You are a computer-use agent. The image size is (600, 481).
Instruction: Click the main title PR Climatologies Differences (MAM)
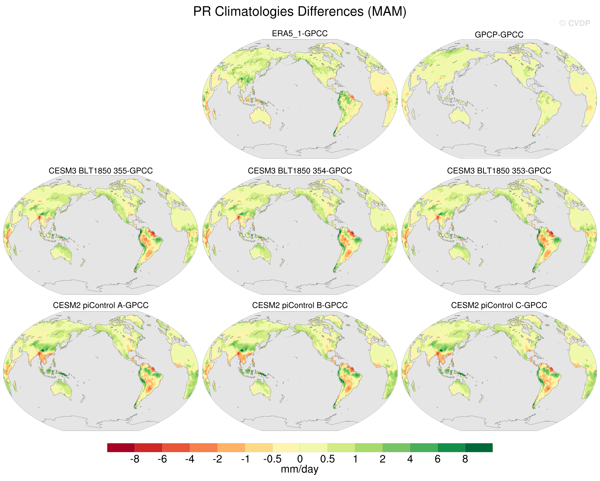(x=300, y=12)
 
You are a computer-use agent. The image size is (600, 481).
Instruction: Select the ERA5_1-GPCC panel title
(x=300, y=33)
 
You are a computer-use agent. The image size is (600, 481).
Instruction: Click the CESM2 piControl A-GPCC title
(x=101, y=305)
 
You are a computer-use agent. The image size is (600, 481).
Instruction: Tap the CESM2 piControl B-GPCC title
(x=300, y=305)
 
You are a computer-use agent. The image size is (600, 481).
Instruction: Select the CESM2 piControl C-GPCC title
(x=499, y=305)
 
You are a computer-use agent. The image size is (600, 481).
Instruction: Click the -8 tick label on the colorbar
(x=135, y=459)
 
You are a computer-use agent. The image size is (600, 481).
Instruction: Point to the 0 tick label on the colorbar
(x=300, y=459)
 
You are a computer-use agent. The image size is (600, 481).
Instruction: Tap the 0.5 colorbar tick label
(x=327, y=459)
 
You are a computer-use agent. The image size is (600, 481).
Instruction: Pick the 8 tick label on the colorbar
(x=465, y=459)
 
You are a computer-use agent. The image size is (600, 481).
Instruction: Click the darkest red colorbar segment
(x=121, y=448)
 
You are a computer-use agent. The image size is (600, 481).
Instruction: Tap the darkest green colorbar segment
(x=479, y=448)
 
